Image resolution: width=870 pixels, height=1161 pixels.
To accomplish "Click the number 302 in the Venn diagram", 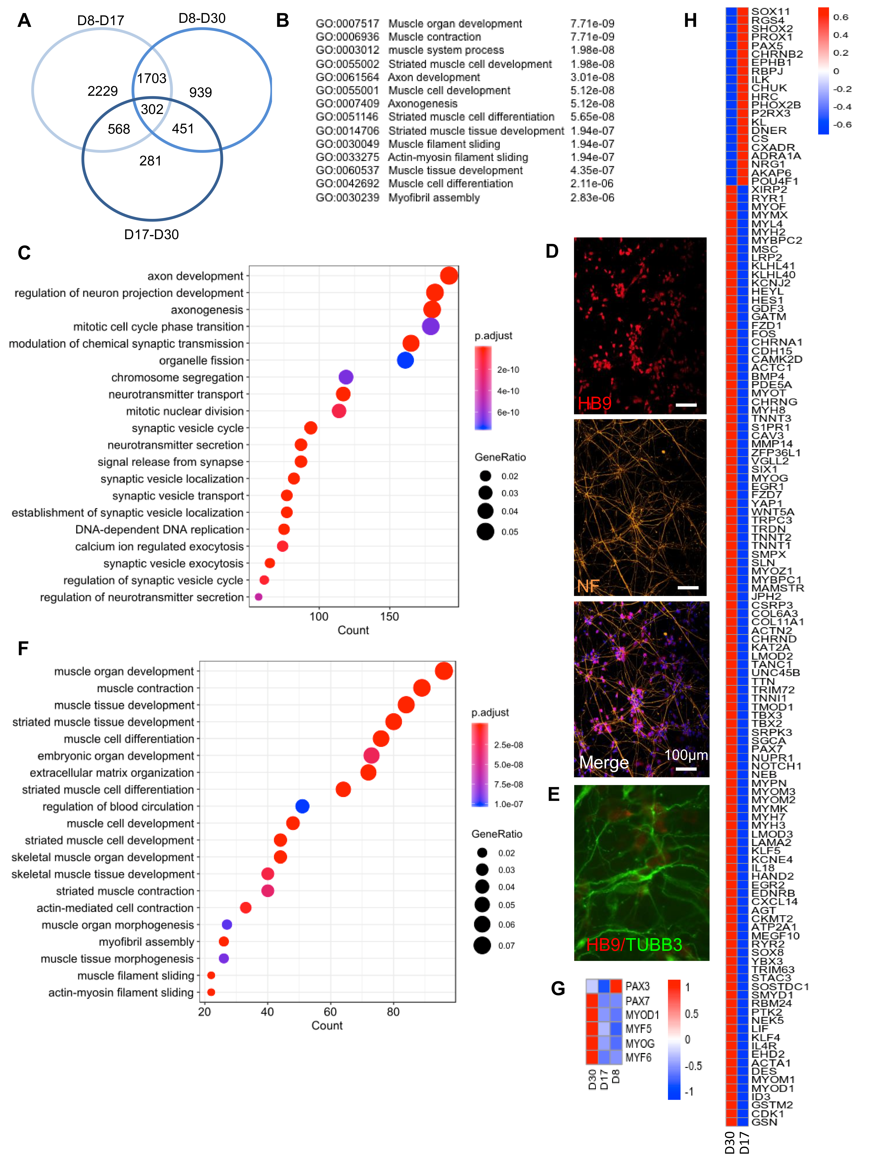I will [152, 109].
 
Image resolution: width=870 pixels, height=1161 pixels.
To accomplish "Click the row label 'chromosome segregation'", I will [177, 377].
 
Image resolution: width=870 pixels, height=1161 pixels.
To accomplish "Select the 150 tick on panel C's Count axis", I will [389, 617].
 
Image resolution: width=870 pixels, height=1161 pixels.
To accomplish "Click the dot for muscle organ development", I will [444, 671].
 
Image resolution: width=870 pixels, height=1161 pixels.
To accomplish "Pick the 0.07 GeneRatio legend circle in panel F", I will [482, 945].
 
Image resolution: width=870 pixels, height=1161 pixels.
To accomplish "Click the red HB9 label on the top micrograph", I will [594, 403].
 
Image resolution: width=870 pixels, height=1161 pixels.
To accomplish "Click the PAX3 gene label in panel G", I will [637, 986].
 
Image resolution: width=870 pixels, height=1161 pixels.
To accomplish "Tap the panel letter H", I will [690, 21].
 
